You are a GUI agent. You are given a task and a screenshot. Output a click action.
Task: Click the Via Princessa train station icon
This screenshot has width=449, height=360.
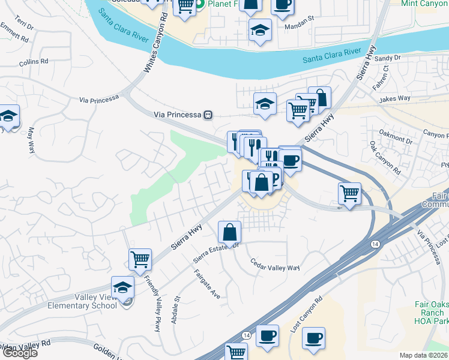coord(208,115)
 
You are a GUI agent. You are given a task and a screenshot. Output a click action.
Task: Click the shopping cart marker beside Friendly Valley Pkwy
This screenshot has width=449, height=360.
coord(140,259)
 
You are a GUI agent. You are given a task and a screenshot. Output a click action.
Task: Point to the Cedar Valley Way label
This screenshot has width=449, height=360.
coord(274,264)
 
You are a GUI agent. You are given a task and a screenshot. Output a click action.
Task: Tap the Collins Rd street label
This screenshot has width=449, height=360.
coord(33,62)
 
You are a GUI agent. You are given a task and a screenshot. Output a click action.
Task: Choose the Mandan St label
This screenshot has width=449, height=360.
coord(299,19)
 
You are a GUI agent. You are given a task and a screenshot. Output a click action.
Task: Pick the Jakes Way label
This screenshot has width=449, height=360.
coord(395,98)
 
